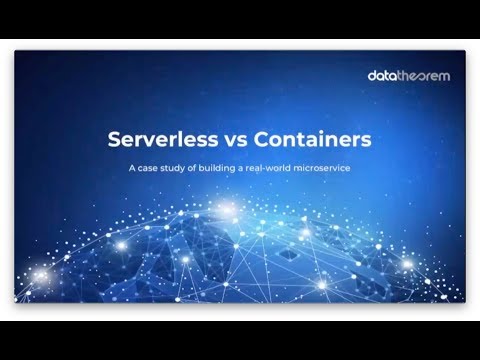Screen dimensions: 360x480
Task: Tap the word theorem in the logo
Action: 421,75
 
